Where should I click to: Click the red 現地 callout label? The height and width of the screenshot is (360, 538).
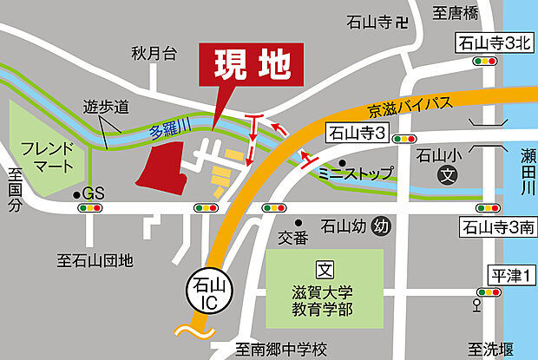coord(253,63)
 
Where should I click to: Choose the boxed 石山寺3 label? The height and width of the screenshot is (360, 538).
coord(358,133)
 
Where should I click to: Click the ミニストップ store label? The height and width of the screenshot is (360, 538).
coord(356,173)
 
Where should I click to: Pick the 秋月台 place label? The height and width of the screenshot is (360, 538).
coord(154,54)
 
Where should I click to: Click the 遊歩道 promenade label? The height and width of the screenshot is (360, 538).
coord(106,108)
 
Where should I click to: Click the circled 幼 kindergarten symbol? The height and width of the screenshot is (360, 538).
coord(379,227)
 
